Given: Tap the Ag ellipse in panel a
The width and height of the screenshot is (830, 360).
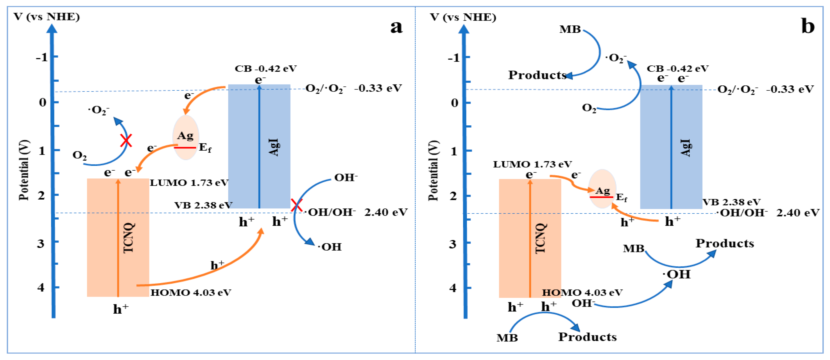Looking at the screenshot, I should coord(186,138).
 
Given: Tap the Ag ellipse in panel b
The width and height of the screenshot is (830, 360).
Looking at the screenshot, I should coord(602,189).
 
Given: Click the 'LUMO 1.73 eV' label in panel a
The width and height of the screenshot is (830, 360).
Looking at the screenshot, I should coord(189,183).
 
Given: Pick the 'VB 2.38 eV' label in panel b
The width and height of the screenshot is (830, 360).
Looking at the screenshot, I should coord(731,202).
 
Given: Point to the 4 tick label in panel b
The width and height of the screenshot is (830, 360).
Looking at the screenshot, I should coord(453,288).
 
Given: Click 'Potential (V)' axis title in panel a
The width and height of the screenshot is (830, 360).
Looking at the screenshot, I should coord(24,170).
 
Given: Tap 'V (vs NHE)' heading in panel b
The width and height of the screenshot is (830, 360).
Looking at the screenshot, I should coord(463,17).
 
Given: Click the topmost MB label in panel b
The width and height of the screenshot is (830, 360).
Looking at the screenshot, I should coord(570,29).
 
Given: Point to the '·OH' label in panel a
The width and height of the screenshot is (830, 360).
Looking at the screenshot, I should coord(330,247).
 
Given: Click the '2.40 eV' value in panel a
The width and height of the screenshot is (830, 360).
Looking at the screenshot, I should coord(386,212).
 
